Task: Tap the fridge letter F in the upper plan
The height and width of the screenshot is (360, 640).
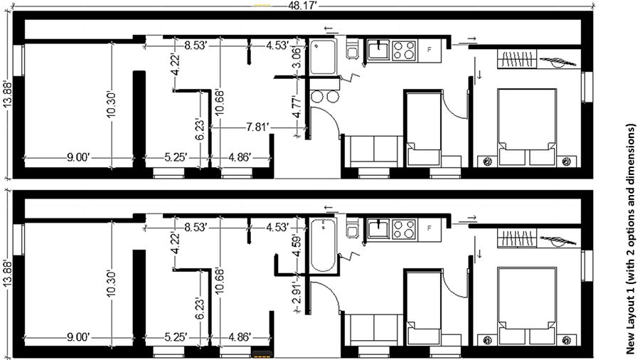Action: (429, 50)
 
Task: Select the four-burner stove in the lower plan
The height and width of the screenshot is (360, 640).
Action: (404, 230)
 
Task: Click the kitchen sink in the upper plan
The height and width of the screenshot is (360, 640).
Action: (378, 49)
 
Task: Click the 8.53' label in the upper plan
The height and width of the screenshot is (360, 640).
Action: (196, 46)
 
